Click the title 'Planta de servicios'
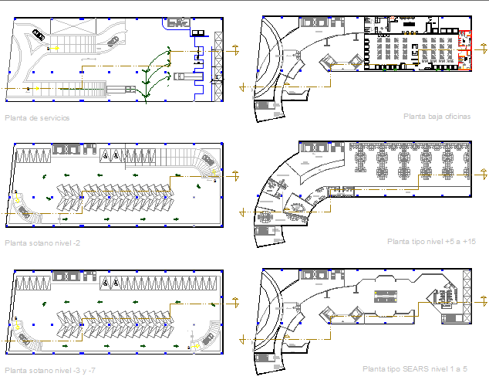coord(36,118)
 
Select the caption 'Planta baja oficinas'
coord(437,117)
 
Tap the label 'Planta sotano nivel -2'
coord(42,243)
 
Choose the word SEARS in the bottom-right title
coord(416,369)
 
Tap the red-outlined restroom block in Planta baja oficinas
coord(465,49)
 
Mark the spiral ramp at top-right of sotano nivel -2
coord(206,164)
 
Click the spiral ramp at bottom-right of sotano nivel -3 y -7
coord(204,337)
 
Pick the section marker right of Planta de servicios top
coord(234,51)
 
